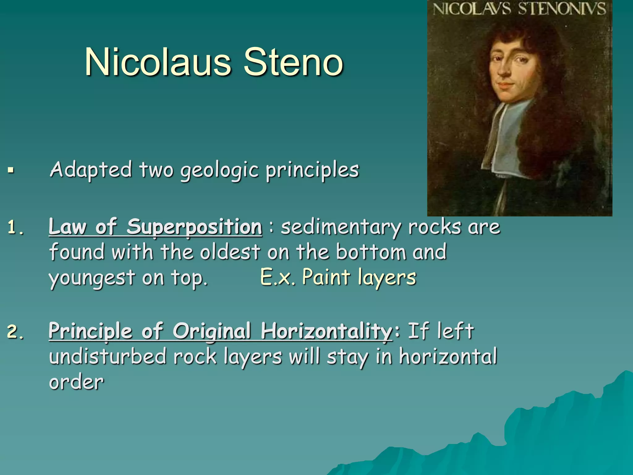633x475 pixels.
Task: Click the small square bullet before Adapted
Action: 11,170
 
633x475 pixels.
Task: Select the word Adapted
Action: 91,170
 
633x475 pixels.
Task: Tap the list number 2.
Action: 15,332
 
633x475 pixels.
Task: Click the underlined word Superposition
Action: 194,227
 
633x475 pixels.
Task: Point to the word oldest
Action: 230,252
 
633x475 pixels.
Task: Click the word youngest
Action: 91,278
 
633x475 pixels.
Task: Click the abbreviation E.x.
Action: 277,277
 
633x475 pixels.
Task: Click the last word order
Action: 76,382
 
